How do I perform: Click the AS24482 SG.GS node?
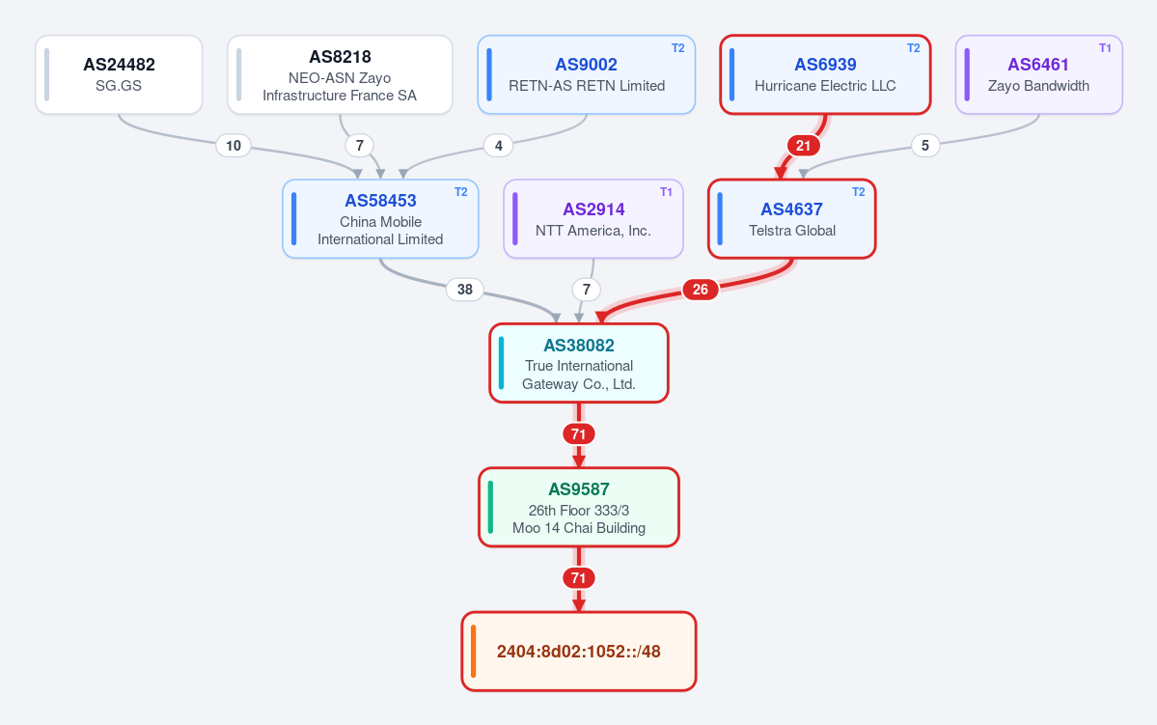119,74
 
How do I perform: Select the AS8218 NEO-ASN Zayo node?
340,74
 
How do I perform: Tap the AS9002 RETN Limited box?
587,74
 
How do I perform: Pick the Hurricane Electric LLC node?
825,74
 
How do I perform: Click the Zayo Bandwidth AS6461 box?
1039,74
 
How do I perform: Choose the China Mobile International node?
380,219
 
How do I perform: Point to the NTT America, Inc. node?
593,219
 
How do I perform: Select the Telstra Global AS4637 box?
791,219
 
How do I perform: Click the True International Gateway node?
579,363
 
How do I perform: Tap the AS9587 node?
579,507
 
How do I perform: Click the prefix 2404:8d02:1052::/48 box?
579,652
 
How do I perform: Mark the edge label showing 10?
234,146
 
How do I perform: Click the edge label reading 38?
465,290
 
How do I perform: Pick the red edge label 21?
804,146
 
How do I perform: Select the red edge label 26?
701,290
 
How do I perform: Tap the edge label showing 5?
925,146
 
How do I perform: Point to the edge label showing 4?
499,146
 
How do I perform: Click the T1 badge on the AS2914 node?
666,192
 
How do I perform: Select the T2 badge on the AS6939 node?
914,48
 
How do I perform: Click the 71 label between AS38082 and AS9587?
579,434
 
